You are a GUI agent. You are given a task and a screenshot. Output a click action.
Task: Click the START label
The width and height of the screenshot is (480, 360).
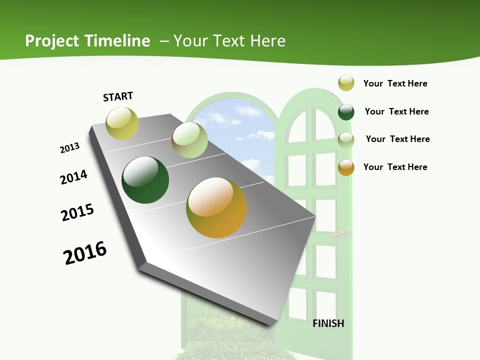coord(118,96)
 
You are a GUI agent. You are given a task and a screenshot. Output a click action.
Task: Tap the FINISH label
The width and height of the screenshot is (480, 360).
coord(328,323)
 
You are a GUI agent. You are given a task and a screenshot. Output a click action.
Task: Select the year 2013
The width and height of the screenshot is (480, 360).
coord(69,148)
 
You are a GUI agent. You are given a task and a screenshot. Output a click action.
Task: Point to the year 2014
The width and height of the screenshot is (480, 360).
coord(73,177)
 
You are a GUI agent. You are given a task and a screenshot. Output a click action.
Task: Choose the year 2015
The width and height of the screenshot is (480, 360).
coord(77,212)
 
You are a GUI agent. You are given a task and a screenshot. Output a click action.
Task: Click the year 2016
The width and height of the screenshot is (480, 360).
coord(85,253)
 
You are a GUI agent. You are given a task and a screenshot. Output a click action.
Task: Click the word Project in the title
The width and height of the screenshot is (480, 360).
coord(52,41)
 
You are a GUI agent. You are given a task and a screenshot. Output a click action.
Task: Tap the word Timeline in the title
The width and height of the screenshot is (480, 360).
coord(117,41)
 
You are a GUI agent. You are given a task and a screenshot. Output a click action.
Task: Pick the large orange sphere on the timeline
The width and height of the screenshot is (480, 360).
coord(216,207)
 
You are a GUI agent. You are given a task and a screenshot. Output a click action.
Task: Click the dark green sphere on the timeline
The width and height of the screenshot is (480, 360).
coord(145,180)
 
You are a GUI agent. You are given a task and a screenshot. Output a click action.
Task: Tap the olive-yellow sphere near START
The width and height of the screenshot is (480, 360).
coord(122,123)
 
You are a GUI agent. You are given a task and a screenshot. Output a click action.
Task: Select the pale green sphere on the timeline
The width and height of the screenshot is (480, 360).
coord(189,140)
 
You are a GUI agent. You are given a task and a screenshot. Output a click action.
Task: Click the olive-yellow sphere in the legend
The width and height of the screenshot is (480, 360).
coord(346,83)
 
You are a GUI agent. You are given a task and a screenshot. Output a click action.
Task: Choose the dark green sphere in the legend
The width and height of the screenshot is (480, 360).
coord(346,112)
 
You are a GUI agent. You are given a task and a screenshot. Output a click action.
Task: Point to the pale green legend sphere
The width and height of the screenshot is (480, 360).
coord(346,139)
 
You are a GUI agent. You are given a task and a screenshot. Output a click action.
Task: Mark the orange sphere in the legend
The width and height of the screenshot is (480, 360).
coord(346,167)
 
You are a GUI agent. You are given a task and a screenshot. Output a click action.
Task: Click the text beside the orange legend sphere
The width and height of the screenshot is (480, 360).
coord(395,167)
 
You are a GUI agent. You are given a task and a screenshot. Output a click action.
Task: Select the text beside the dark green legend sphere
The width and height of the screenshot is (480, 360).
coord(396,111)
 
